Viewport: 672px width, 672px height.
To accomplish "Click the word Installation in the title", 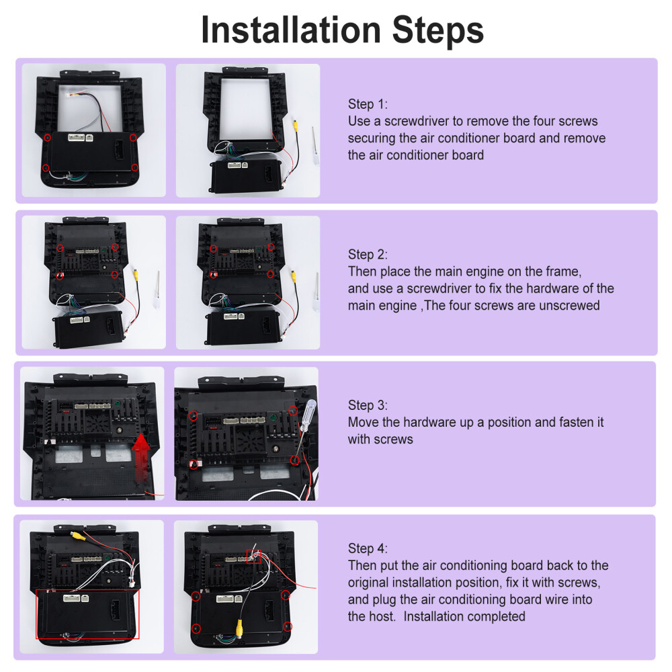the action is click(x=291, y=30).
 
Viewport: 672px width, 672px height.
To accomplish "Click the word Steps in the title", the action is click(x=438, y=30).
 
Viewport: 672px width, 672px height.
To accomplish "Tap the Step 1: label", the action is click(x=368, y=104).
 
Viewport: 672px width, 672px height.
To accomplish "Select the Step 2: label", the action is click(x=368, y=255).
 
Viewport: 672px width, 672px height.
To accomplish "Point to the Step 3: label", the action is click(x=368, y=405).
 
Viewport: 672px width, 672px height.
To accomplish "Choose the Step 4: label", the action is click(x=368, y=548).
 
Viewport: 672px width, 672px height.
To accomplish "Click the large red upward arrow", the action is click(x=140, y=457).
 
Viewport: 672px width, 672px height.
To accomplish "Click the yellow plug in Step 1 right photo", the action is click(x=295, y=126).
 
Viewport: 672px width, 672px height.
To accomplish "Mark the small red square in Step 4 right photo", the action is click(x=254, y=556).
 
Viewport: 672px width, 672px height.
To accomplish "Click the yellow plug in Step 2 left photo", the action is click(x=136, y=274).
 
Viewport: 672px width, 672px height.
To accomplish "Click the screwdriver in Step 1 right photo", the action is click(x=315, y=146).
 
